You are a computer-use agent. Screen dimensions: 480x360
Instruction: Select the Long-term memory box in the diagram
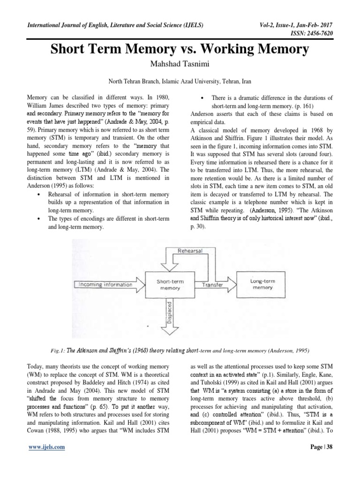point(262,284)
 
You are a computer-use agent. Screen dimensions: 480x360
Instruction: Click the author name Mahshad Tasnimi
point(180,63)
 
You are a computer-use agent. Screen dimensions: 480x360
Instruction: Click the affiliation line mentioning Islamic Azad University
point(180,81)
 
